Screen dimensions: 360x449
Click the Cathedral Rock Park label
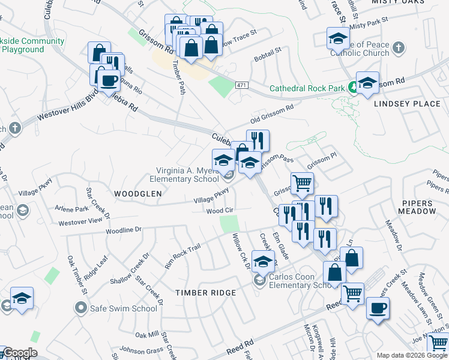point(307,88)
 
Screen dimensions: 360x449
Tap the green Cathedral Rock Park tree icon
point(354,88)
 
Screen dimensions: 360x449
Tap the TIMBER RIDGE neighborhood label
point(205,292)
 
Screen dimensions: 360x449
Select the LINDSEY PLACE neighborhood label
point(407,104)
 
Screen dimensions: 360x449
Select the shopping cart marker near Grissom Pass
point(302,183)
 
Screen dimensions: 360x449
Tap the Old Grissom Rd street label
point(272,112)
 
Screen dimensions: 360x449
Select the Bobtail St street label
point(267,56)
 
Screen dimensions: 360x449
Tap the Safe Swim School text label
point(124,308)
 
